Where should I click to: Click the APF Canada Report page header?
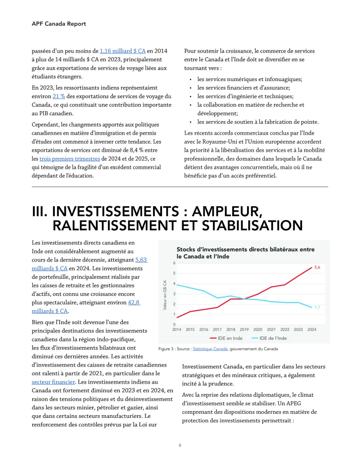pyautogui.click(x=58, y=23)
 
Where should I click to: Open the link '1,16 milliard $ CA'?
pyautogui.click(x=122, y=51)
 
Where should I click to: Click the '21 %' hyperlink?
pyautogui.click(x=59, y=96)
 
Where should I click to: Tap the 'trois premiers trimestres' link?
pyautogui.click(x=69, y=158)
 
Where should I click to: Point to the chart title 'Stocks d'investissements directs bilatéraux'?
pyautogui.click(x=245, y=253)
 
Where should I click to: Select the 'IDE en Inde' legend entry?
pyautogui.click(x=226, y=338)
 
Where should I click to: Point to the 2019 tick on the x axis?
pyautogui.click(x=244, y=330)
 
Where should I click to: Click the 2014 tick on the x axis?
pyautogui.click(x=176, y=330)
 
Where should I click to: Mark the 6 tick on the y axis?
pyautogui.click(x=174, y=263)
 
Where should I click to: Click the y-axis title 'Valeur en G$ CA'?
pyautogui.click(x=165, y=295)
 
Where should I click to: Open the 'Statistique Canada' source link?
pyautogui.click(x=210, y=349)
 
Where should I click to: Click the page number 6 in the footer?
pyautogui.click(x=180, y=445)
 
